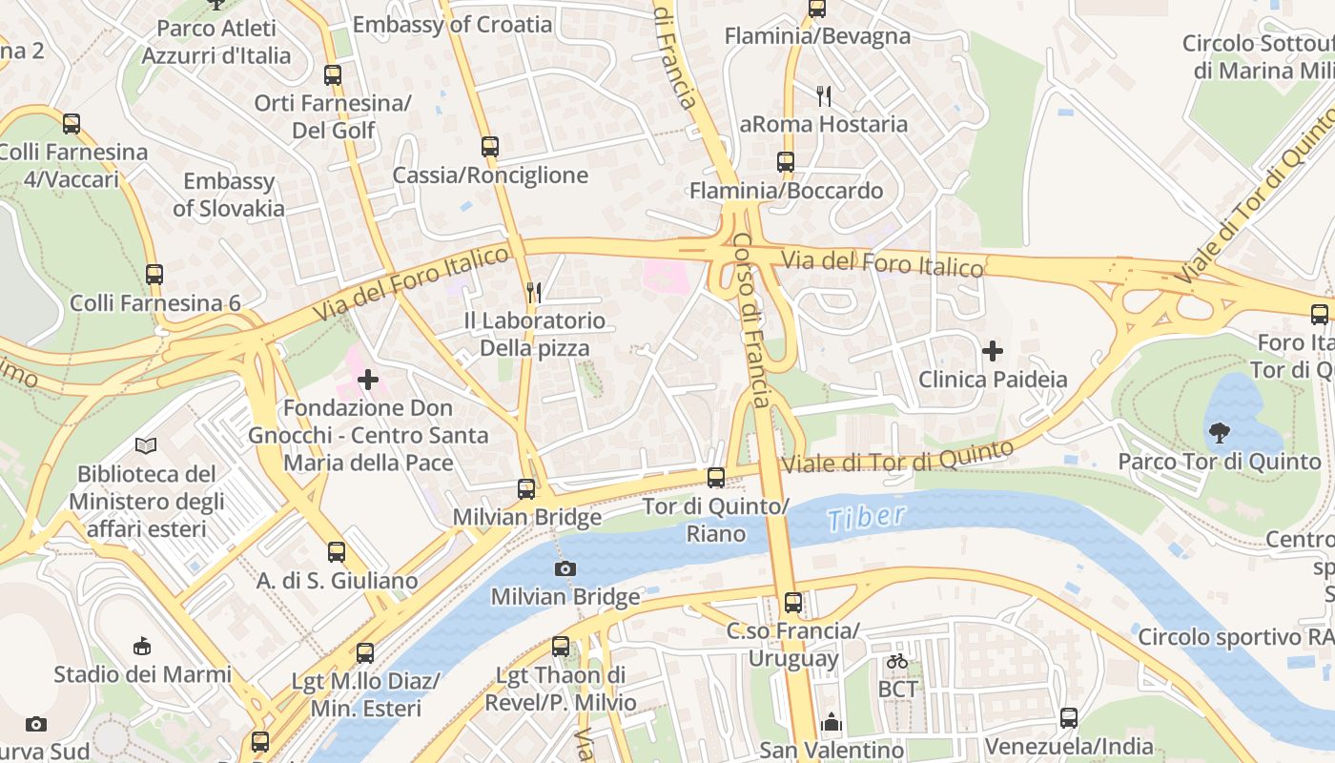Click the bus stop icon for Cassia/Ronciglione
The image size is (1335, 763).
(x=490, y=147)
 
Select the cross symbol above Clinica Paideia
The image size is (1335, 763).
(x=993, y=351)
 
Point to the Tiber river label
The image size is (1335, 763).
(x=866, y=517)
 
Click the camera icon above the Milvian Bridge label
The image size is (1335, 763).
(x=565, y=569)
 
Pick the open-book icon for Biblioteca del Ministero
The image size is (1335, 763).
(x=146, y=445)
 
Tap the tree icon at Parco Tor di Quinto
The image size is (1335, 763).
(x=1219, y=433)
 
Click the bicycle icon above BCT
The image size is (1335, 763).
(x=897, y=660)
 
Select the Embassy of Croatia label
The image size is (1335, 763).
(x=452, y=25)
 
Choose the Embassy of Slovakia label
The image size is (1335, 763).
(x=229, y=195)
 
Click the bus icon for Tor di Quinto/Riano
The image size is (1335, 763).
(x=716, y=478)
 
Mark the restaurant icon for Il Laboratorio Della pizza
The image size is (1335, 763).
(x=534, y=293)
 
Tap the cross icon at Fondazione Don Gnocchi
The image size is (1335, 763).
(x=368, y=380)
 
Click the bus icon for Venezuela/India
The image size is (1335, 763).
(x=1069, y=718)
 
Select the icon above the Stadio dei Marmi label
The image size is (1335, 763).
(x=142, y=647)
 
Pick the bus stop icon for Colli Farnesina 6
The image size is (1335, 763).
(x=154, y=275)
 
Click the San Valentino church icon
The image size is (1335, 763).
(x=832, y=722)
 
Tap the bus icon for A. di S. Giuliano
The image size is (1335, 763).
(x=337, y=552)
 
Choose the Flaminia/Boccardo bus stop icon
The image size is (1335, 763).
(x=786, y=162)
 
